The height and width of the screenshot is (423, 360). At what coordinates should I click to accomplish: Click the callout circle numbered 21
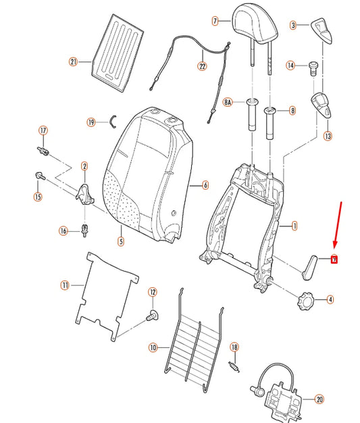point(74,62)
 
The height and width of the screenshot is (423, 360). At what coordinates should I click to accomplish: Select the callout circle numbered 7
point(215,21)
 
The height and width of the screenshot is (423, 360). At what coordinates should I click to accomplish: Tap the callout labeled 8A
point(228,103)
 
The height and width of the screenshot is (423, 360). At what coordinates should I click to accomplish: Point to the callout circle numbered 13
point(328,136)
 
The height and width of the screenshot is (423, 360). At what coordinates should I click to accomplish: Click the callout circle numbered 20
point(319,398)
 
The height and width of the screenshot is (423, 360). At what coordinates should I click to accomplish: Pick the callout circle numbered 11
point(65,286)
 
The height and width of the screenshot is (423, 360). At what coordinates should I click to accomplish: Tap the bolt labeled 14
point(313,66)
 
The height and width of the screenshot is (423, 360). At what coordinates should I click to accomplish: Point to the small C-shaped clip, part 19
point(114,122)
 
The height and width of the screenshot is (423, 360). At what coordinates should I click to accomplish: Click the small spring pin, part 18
point(234,365)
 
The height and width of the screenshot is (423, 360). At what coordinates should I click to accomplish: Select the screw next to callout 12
point(152,314)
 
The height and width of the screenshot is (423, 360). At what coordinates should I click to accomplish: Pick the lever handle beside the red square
point(312,265)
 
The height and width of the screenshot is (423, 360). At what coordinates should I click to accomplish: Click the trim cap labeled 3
point(319,30)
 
